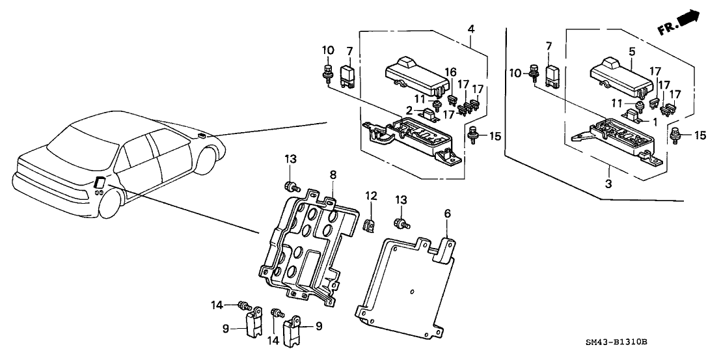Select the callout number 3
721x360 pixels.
pos(608,185)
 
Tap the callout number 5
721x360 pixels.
pos(631,50)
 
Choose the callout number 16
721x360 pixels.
pos(448,72)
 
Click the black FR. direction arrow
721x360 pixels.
pos(688,20)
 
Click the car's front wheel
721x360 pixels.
pos(206,159)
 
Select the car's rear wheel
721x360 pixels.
pos(111,202)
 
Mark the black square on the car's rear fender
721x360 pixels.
pos(100,183)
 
